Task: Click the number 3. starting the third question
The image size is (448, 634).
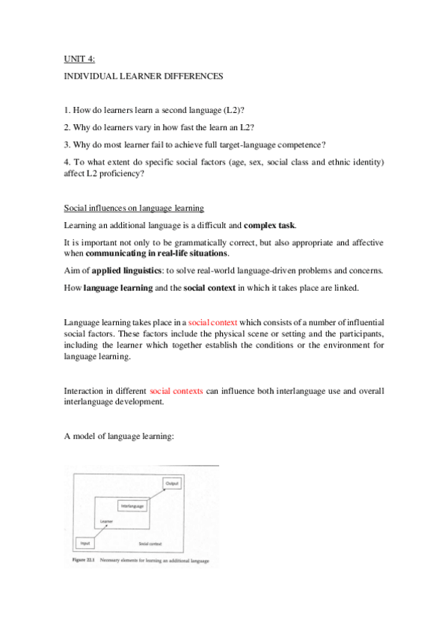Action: (67, 144)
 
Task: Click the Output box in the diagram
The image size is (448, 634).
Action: (171, 484)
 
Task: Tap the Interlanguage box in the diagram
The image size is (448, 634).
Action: (132, 506)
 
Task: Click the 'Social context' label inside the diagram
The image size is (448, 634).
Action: (150, 544)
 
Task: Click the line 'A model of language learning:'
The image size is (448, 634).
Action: (118, 434)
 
